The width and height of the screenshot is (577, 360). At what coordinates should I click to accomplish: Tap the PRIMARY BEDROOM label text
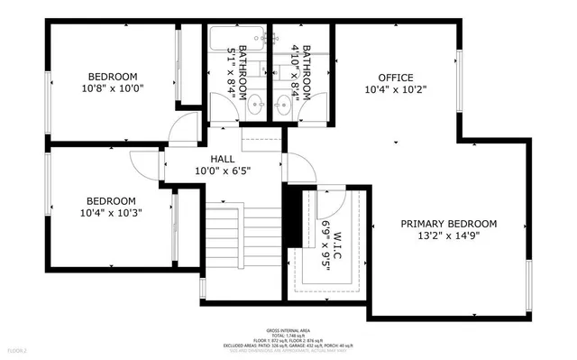pos(449,224)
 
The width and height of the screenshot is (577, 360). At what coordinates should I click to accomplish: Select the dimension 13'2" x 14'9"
pos(449,237)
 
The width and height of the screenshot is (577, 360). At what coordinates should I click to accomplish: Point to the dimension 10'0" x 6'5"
pos(222,170)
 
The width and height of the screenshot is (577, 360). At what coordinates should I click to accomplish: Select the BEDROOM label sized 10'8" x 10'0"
pos(112,76)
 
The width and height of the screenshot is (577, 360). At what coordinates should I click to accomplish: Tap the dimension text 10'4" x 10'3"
pos(111,213)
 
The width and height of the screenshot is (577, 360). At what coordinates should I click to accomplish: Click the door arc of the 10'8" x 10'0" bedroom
pos(185,127)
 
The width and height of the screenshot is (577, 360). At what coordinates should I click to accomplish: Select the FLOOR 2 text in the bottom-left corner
pos(18,349)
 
